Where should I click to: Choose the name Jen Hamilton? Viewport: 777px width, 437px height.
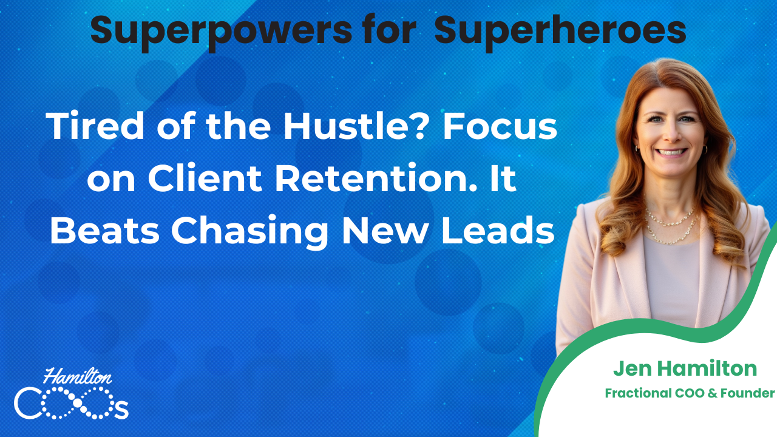click(685, 368)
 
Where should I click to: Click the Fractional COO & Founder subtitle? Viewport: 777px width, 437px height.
click(690, 393)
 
